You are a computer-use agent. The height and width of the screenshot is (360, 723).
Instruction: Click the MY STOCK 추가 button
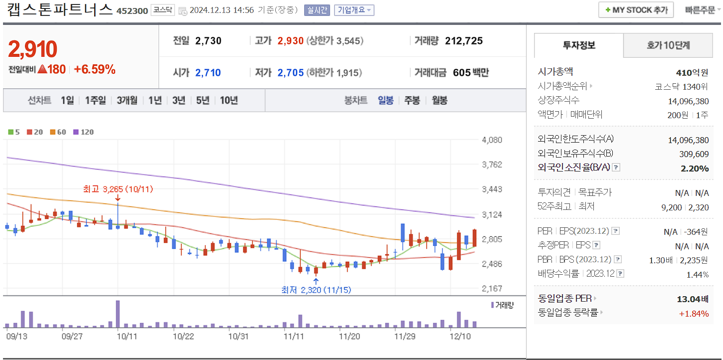click(636, 10)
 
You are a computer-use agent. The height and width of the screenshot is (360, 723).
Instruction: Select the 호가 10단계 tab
click(668, 45)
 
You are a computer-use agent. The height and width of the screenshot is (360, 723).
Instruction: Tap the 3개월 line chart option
click(127, 100)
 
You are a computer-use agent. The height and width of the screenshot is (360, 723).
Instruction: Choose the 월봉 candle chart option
click(439, 100)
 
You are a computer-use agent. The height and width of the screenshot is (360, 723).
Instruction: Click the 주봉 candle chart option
click(412, 100)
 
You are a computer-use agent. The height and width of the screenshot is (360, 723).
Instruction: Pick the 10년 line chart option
click(229, 100)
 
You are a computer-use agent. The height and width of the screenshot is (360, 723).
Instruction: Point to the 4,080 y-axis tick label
click(492, 140)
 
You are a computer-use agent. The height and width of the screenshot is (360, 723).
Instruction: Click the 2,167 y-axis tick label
click(492, 289)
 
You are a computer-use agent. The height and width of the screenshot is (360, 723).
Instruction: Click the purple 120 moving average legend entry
click(84, 132)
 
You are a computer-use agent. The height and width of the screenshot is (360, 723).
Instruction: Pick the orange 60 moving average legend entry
click(58, 132)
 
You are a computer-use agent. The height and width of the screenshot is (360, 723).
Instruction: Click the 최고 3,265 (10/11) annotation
click(117, 189)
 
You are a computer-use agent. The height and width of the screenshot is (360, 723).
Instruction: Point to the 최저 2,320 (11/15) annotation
click(316, 290)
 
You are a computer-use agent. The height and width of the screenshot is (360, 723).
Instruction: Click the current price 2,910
click(33, 49)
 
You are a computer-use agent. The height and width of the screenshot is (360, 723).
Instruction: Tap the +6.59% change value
click(95, 69)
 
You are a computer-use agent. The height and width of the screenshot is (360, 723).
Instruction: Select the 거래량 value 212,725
click(464, 41)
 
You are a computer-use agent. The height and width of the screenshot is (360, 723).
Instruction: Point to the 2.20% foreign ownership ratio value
click(695, 168)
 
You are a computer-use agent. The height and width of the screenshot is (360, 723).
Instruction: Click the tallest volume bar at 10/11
click(118, 314)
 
